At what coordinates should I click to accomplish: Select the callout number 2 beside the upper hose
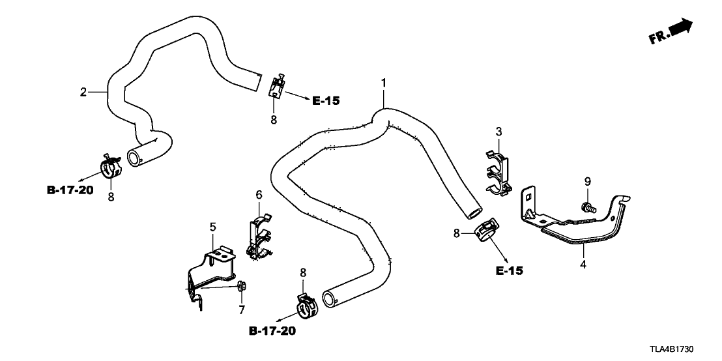tap(83, 92)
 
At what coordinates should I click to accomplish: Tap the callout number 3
tap(498, 132)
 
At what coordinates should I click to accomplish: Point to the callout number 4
tap(583, 265)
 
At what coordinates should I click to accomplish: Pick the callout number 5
tap(212, 227)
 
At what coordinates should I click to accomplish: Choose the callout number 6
tap(259, 195)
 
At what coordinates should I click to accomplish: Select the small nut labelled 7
tap(241, 285)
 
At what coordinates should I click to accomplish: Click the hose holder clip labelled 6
tap(259, 235)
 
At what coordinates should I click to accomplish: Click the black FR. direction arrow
tap(680, 30)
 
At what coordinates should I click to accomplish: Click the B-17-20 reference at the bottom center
tap(272, 332)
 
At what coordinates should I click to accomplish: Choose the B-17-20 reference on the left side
tap(70, 191)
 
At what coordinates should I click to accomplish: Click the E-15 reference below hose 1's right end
tap(508, 270)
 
